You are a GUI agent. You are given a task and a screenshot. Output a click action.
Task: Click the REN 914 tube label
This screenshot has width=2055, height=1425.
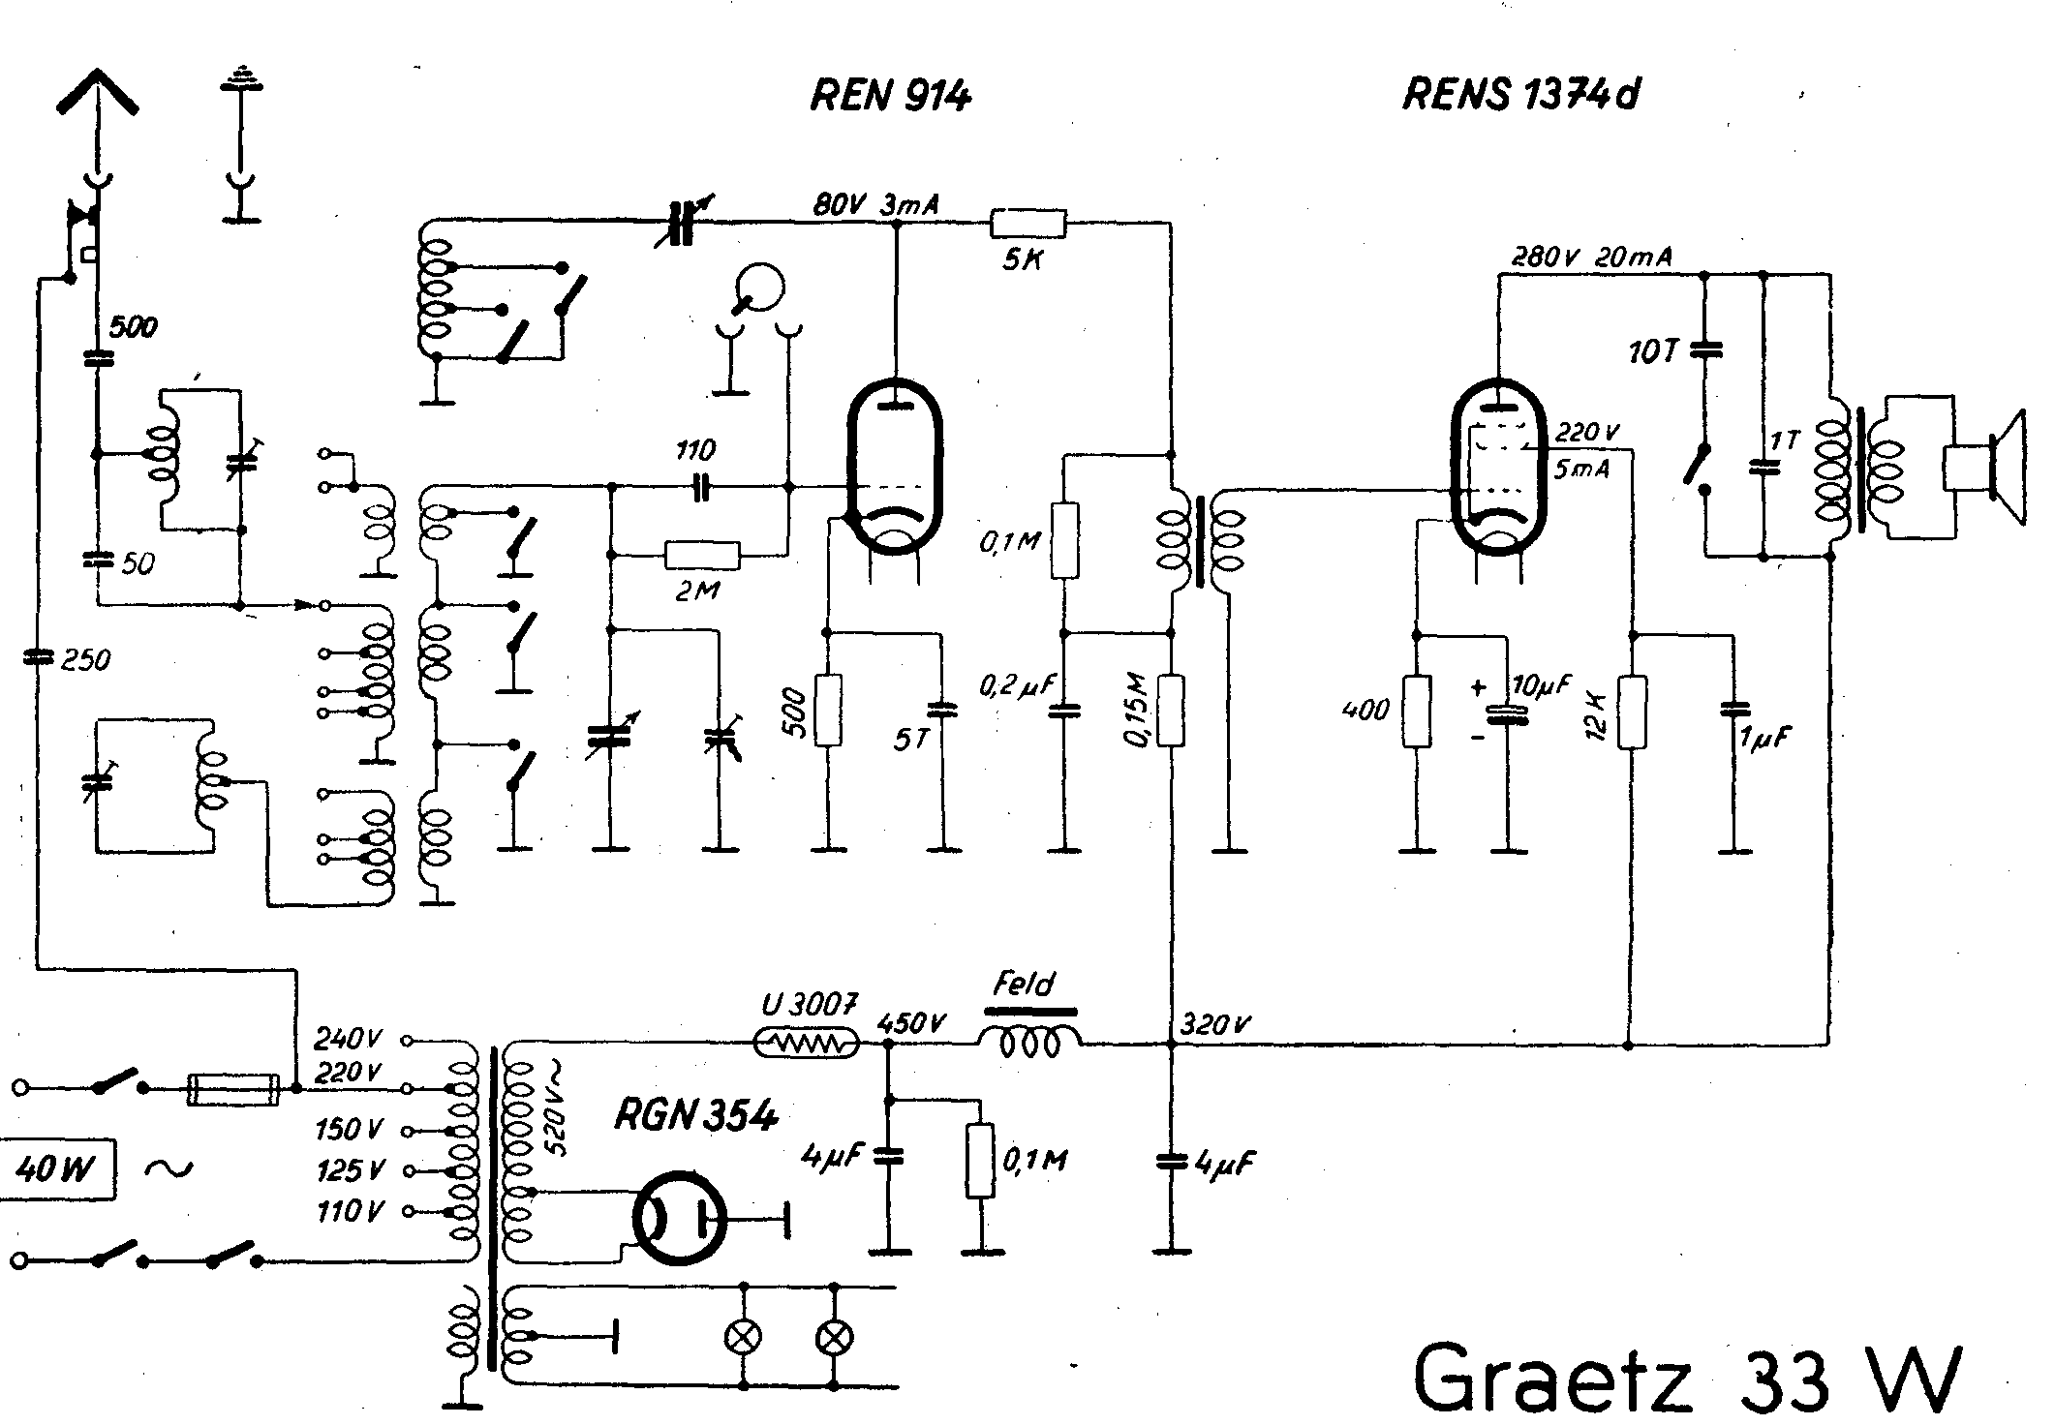click(x=890, y=96)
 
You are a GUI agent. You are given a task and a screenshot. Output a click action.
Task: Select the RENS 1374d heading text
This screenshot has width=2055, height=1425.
click(x=1520, y=95)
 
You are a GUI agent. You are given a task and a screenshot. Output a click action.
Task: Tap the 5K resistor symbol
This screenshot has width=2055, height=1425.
click(x=1027, y=225)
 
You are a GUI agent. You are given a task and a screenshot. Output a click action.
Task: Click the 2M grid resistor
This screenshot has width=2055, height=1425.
click(x=702, y=556)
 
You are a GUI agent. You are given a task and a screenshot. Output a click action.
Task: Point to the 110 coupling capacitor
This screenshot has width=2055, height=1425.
click(x=702, y=489)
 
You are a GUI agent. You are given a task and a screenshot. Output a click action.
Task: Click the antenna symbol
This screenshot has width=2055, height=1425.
click(x=97, y=97)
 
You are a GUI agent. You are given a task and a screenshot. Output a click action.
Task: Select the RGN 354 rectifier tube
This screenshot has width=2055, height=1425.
click(x=680, y=1217)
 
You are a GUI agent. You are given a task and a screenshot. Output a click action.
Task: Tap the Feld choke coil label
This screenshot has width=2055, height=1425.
click(x=1023, y=985)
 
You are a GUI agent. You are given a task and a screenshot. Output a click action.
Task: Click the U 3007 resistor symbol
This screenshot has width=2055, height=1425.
click(x=806, y=1044)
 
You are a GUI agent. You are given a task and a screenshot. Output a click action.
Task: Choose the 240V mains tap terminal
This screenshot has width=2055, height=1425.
click(x=408, y=1042)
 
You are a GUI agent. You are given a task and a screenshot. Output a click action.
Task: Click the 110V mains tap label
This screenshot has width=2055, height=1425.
click(x=349, y=1211)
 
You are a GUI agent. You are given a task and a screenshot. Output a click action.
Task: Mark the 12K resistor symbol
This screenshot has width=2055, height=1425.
click(x=1632, y=712)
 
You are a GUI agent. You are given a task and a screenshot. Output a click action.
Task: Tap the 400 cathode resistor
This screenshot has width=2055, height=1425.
click(x=1417, y=712)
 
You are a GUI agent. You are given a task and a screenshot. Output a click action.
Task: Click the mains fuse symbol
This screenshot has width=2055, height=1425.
click(x=233, y=1089)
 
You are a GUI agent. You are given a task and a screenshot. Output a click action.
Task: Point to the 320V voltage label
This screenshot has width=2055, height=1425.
click(x=1216, y=1023)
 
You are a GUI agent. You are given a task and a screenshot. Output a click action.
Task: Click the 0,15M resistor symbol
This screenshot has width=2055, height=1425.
click(x=1171, y=711)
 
